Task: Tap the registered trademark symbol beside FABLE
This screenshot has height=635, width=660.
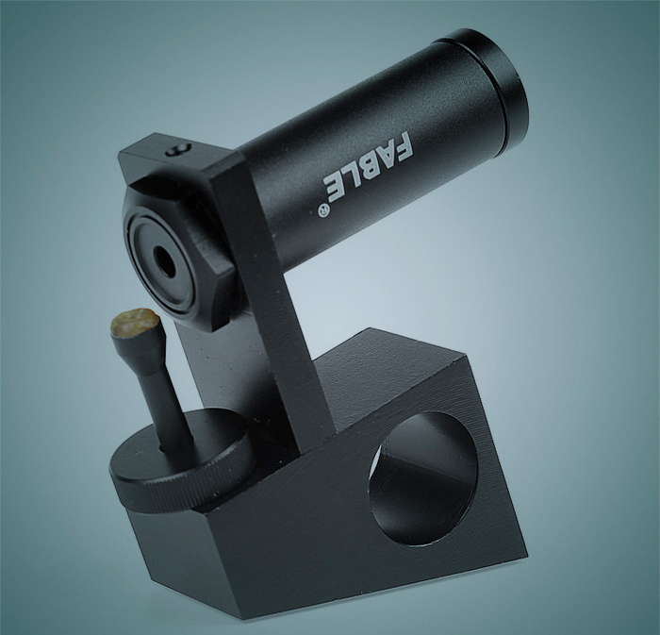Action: [x=322, y=210]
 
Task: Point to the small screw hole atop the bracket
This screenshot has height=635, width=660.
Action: [x=179, y=149]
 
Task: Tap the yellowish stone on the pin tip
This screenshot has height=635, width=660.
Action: [x=135, y=323]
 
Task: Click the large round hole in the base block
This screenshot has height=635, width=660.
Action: [x=423, y=479]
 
